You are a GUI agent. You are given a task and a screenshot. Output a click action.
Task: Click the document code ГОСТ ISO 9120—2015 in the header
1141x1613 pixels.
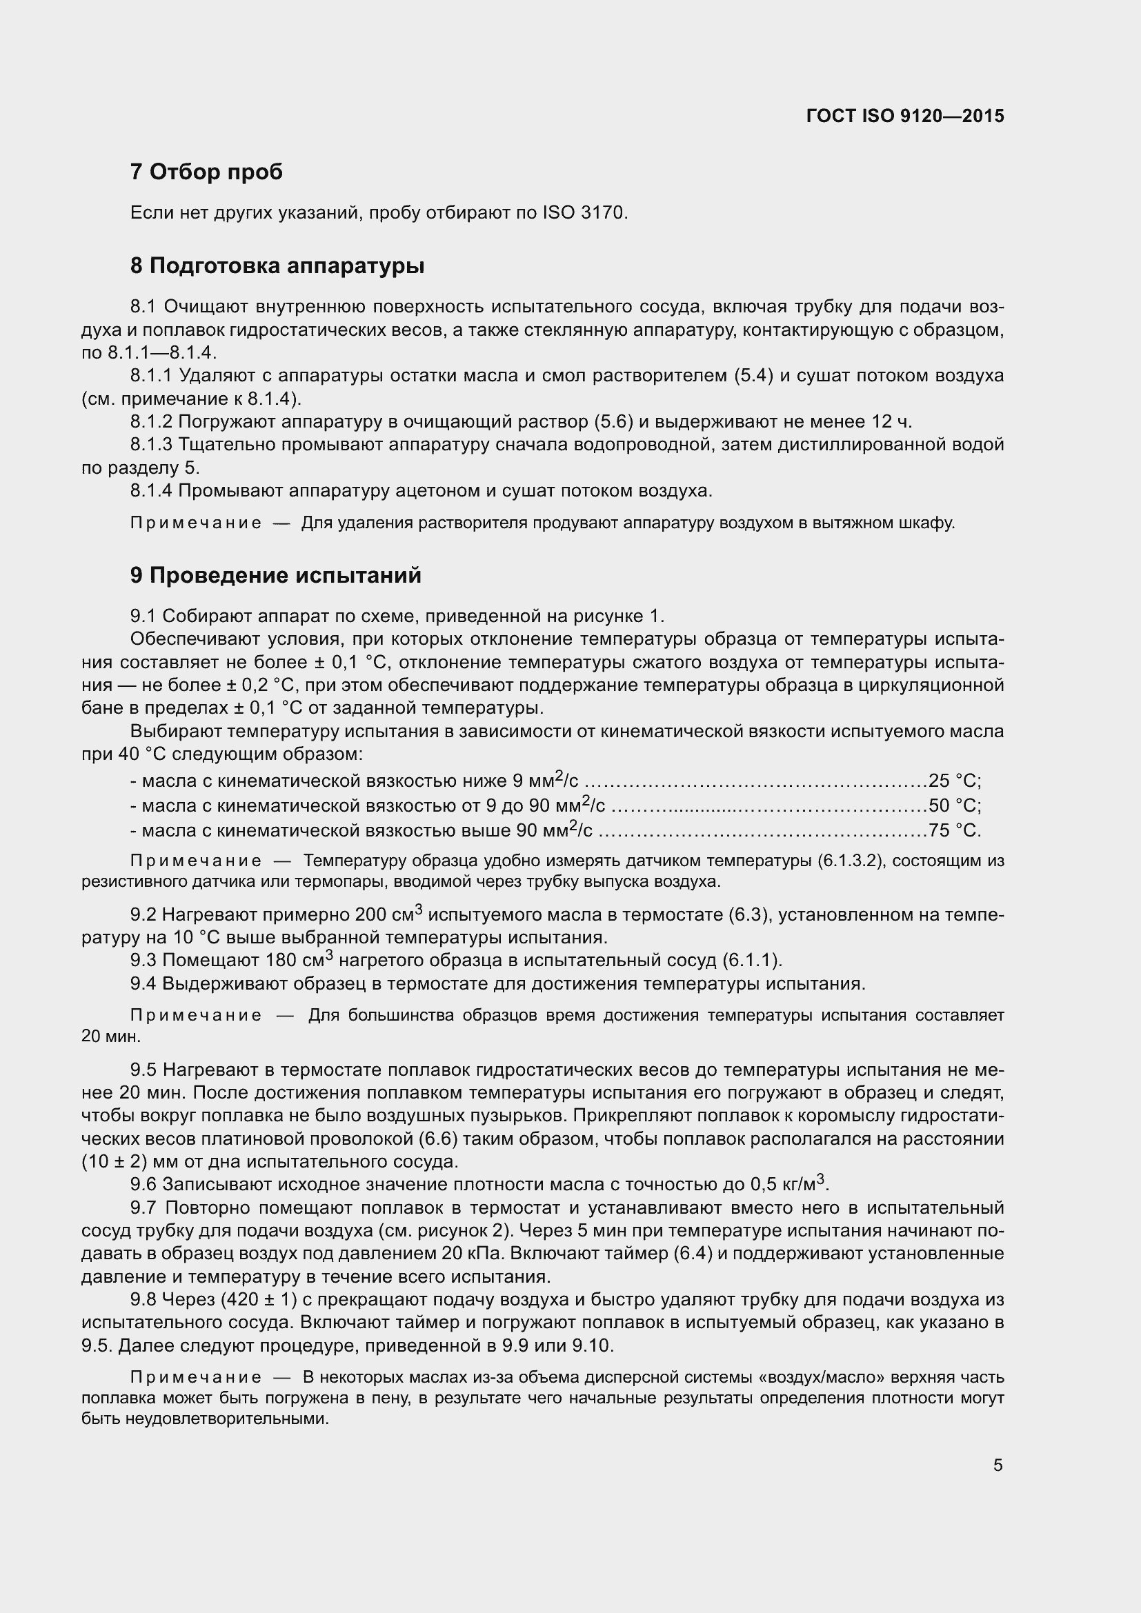pyautogui.click(x=905, y=116)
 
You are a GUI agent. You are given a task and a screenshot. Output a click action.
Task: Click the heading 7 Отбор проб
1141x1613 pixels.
pyautogui.click(x=206, y=172)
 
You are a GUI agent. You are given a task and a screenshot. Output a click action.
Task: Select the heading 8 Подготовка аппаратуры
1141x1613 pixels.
pyautogui.click(x=277, y=266)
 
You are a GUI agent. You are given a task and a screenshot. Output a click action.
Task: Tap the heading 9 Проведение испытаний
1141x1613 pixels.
pyautogui.click(x=275, y=574)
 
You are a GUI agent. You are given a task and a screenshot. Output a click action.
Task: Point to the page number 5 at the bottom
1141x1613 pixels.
pyautogui.click(x=998, y=1465)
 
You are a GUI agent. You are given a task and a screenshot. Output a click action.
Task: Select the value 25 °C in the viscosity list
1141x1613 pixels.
pyautogui.click(x=953, y=781)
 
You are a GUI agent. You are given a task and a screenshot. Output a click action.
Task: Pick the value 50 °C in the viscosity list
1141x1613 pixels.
pyautogui.click(x=953, y=805)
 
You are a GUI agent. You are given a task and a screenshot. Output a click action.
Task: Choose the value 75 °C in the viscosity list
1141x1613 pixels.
pyautogui.click(x=953, y=830)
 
